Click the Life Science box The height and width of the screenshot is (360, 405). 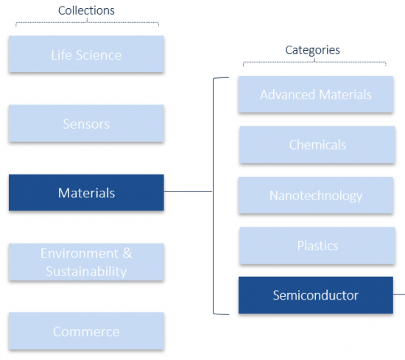point(86,54)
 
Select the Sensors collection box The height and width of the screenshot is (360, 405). point(86,124)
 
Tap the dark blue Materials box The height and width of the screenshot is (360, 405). point(86,193)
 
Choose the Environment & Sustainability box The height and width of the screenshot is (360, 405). point(86,262)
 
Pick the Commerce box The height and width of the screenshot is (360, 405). point(86,331)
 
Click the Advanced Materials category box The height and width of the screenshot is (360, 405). point(316,94)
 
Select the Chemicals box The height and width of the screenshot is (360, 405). point(317,144)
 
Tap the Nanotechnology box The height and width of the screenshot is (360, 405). point(316,195)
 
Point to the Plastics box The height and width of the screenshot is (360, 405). point(317,246)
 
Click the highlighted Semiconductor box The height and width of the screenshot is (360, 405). point(316,295)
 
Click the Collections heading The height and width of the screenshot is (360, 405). point(86,10)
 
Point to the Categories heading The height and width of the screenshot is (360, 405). point(312,50)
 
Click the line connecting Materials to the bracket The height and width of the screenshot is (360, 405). point(188,191)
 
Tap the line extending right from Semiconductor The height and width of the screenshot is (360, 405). point(399,294)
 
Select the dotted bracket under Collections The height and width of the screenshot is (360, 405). point(87,23)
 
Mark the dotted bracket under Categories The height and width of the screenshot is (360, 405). point(314,62)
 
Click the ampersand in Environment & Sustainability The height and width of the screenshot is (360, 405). point(127,253)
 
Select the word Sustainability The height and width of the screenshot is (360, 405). point(86,272)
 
